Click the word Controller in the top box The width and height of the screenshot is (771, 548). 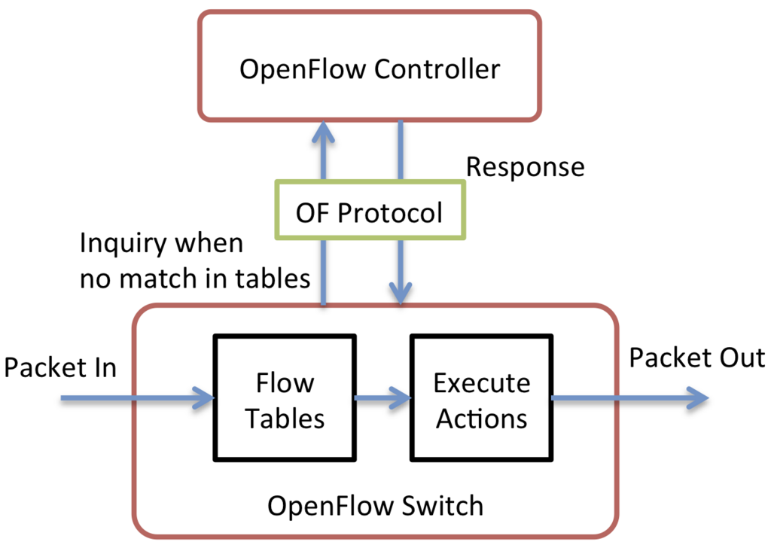tap(437, 68)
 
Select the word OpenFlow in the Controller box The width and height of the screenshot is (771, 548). tap(303, 68)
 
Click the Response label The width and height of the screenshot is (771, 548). tap(525, 168)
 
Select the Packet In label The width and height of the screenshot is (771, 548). tap(60, 367)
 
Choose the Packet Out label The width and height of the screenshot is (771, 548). tap(696, 358)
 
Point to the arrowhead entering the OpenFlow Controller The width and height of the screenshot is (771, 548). tap(323, 132)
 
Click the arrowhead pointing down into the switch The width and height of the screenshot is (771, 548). tap(401, 294)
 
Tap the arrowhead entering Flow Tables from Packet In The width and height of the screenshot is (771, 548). tap(203, 398)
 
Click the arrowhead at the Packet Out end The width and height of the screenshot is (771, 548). tap(697, 398)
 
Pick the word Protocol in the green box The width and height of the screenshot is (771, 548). tap(391, 213)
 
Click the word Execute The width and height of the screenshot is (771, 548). tap(482, 383)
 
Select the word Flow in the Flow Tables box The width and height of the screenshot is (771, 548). tap(285, 383)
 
